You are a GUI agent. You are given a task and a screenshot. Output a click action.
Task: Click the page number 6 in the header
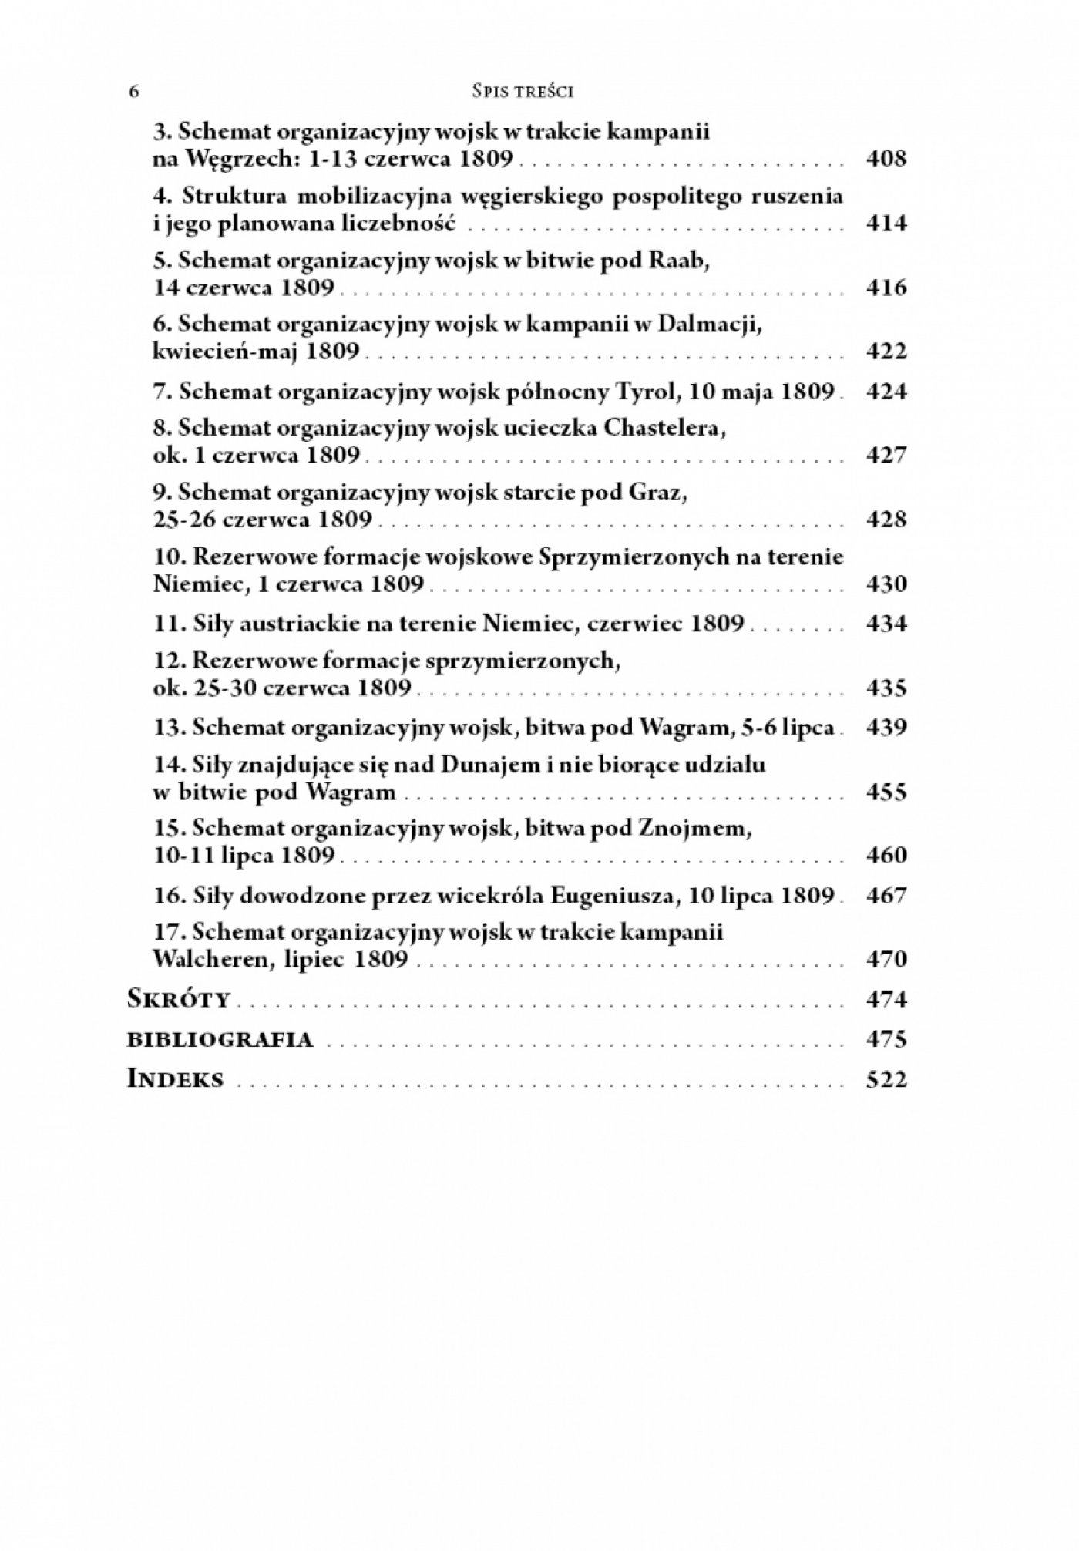click(x=134, y=92)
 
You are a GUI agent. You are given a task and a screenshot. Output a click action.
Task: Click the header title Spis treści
click(x=523, y=92)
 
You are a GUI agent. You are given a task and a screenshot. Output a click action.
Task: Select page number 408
click(x=886, y=160)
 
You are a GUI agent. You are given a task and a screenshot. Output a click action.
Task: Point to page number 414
click(x=886, y=224)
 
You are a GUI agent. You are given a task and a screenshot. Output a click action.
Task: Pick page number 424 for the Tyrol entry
click(x=886, y=392)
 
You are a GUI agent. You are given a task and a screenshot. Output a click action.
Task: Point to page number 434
click(x=886, y=623)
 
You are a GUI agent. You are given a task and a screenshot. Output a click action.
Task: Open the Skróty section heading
click(x=179, y=1000)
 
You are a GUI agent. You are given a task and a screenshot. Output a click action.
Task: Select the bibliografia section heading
click(x=220, y=1040)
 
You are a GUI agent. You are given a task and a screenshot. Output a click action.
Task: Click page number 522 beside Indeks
click(x=886, y=1080)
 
